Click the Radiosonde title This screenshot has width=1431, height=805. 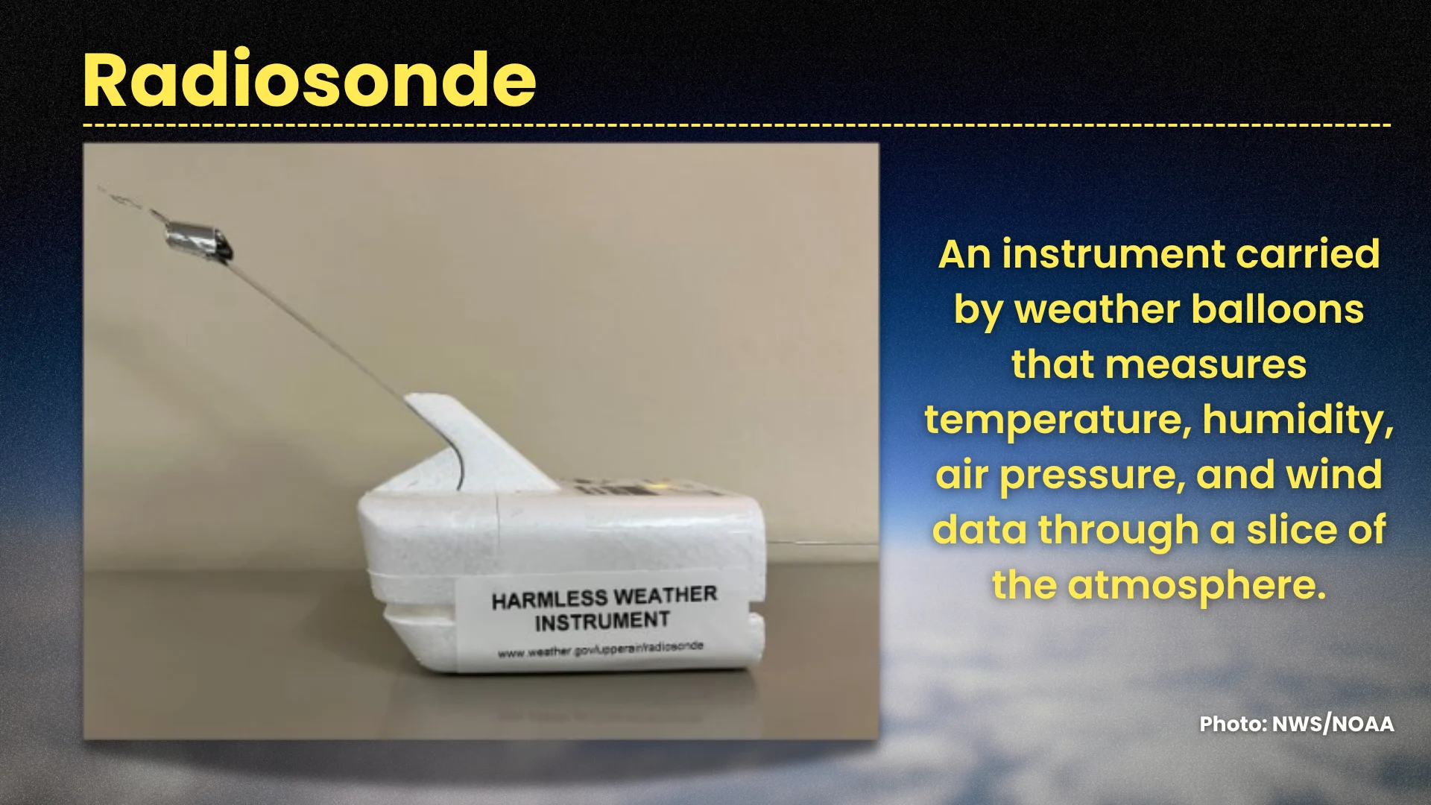[x=309, y=80]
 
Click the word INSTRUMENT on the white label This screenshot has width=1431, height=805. [x=602, y=622]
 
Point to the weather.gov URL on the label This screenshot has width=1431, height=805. [x=601, y=649]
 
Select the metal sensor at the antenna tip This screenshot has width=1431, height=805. [x=198, y=240]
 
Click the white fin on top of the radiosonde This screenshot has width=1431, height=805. [x=477, y=440]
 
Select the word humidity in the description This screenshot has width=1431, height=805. [x=1298, y=420]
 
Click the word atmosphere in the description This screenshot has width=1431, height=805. [x=1197, y=586]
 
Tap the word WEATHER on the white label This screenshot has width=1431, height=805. [x=666, y=595]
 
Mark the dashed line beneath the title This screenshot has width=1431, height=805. [x=736, y=124]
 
